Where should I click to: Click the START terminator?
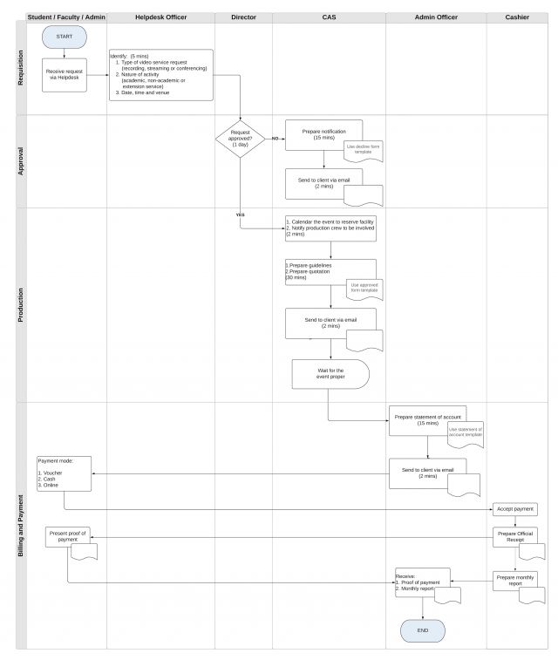point(64,37)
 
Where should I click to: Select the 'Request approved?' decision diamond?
point(241,139)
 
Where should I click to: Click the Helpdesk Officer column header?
point(160,17)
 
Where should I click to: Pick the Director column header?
point(243,17)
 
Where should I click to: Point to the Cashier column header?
point(516,17)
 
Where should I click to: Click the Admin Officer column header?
point(436,17)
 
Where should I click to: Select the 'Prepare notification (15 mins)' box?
point(323,133)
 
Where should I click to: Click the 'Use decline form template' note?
point(364,150)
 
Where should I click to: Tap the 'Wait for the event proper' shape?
point(330,374)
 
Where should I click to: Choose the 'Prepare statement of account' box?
point(427,419)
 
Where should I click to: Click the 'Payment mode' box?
point(64,472)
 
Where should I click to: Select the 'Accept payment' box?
point(515,508)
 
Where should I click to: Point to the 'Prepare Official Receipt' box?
point(514,535)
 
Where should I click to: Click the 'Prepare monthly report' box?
point(514,580)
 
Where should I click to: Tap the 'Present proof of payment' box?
point(68,536)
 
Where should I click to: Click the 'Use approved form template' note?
point(364,288)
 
